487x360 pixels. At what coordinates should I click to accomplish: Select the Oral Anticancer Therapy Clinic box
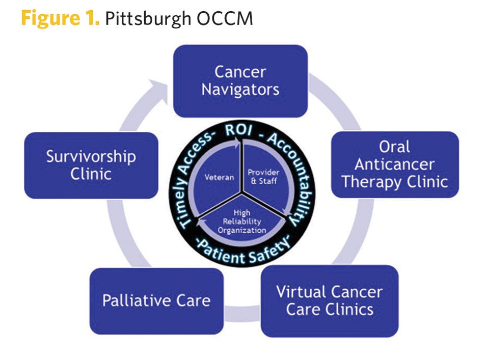395,164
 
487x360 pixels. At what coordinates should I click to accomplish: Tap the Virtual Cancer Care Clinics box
329,300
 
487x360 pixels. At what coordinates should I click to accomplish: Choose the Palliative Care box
156,300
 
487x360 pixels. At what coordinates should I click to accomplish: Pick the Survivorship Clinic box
91,165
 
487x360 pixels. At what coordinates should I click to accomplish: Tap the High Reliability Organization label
242,221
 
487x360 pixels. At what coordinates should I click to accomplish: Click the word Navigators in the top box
240,90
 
